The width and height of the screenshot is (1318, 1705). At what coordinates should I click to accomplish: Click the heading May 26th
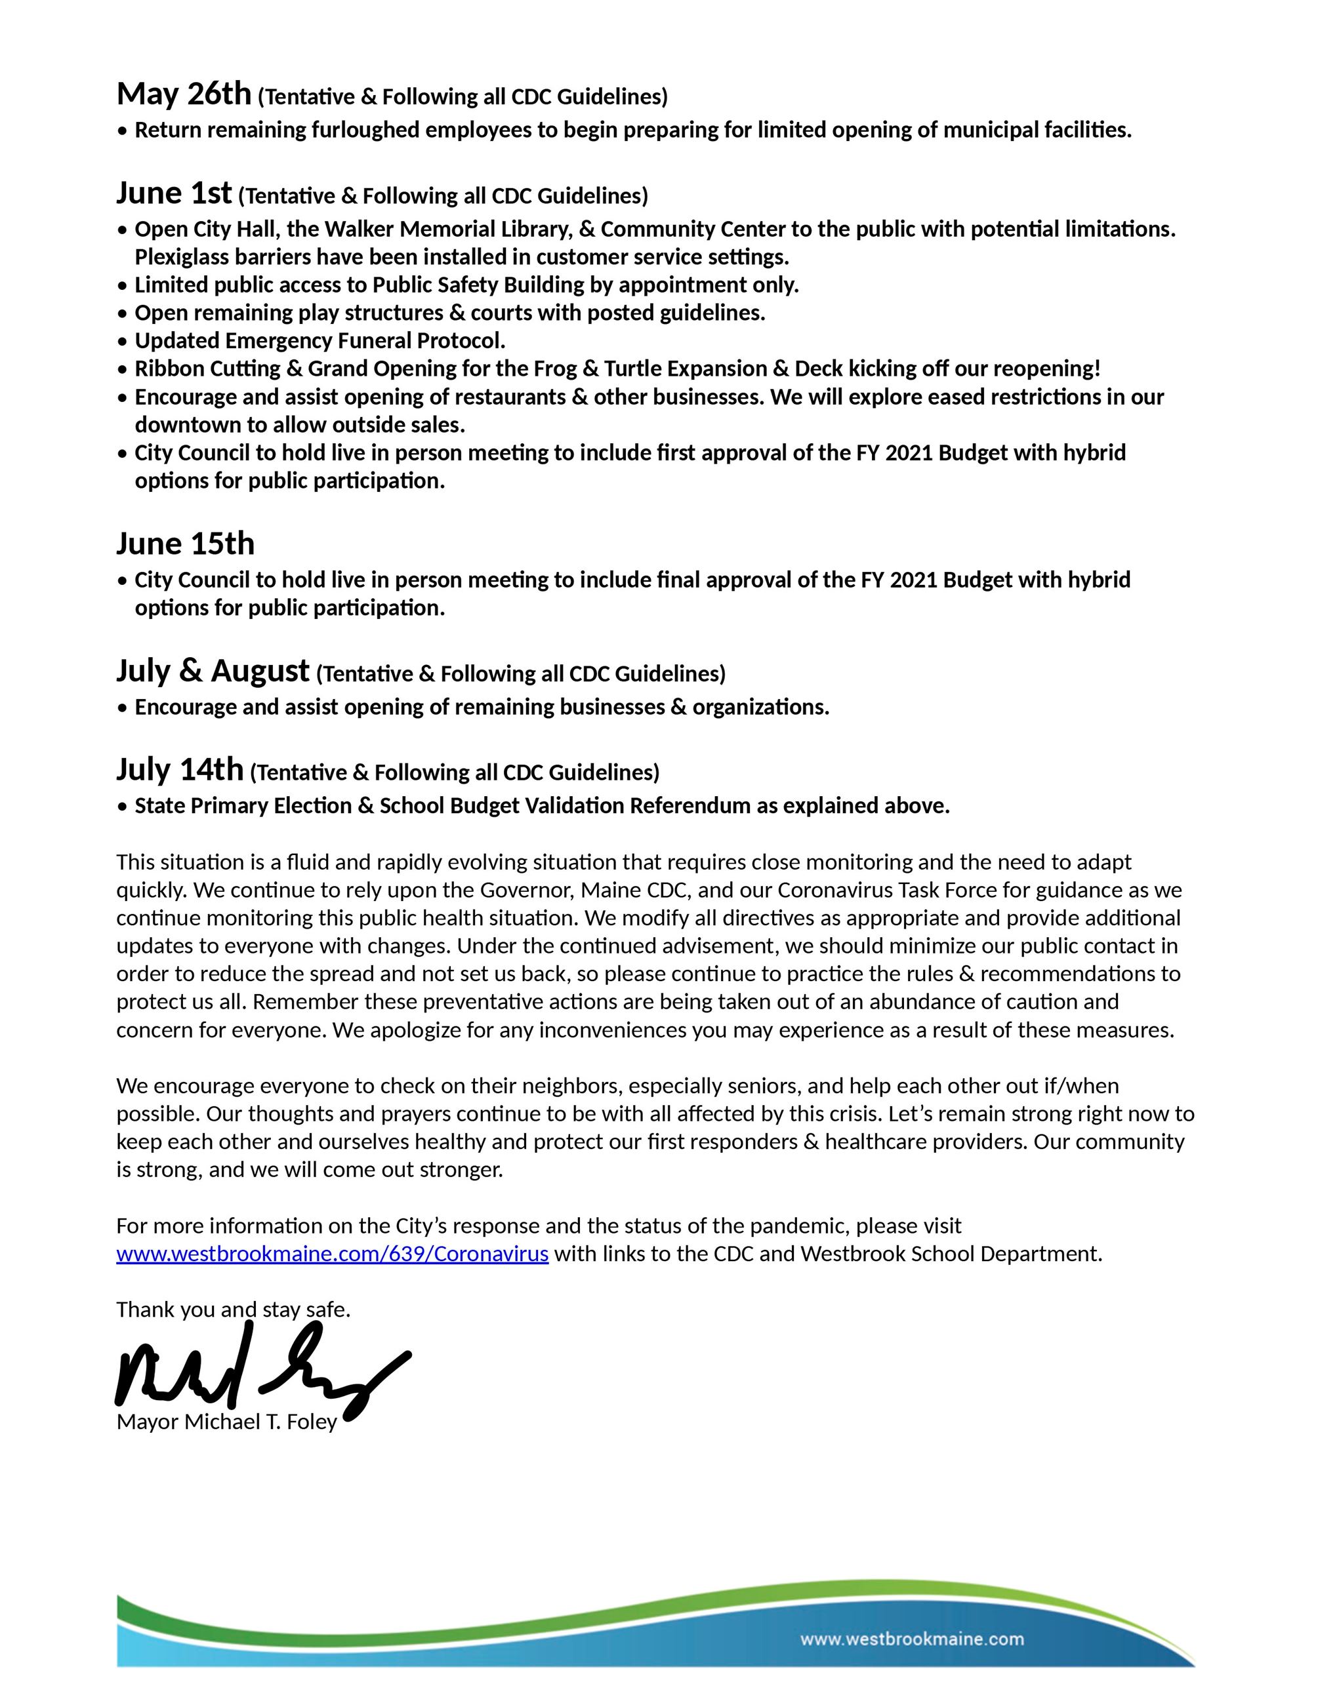click(184, 94)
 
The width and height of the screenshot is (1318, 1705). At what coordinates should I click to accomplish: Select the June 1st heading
click(174, 193)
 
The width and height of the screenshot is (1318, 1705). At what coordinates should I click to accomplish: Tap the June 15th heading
click(186, 544)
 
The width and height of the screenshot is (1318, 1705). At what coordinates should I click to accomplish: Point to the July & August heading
click(213, 671)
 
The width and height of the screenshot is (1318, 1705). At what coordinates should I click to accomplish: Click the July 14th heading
click(180, 770)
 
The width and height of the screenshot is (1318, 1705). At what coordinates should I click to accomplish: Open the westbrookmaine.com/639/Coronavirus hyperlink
click(332, 1254)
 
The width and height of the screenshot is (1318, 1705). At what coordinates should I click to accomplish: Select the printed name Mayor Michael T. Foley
click(226, 1422)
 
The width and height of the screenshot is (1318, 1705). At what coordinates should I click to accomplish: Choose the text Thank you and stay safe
click(234, 1309)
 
